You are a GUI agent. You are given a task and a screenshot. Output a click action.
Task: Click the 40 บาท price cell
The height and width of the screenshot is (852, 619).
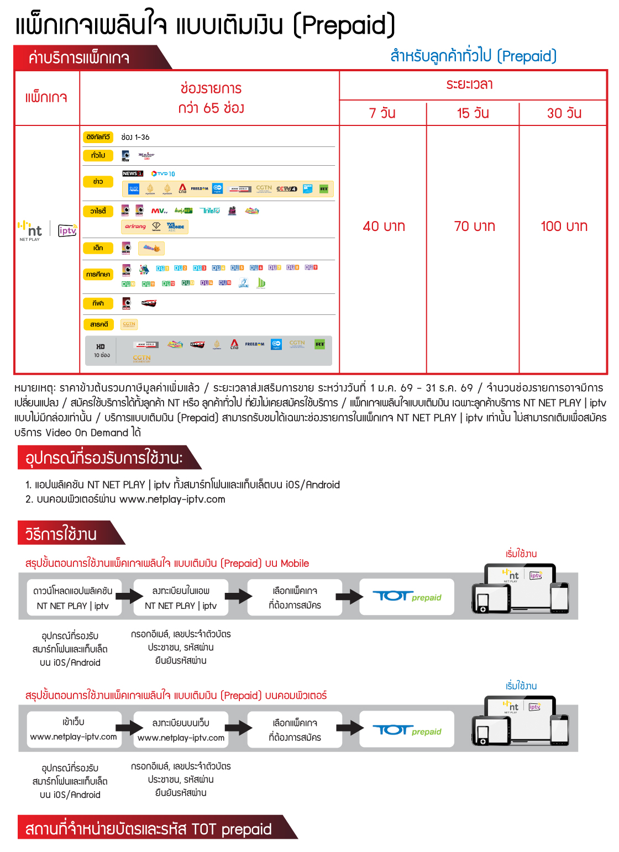pos(384,226)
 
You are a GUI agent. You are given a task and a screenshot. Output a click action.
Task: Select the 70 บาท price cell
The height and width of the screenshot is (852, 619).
pos(474,226)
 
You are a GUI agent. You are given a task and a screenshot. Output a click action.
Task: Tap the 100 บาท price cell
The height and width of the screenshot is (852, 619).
pos(564,226)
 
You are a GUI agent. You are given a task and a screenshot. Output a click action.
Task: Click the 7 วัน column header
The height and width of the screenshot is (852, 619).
pos(382,113)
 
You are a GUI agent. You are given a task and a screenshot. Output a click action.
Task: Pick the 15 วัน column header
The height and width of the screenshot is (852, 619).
pos(473,113)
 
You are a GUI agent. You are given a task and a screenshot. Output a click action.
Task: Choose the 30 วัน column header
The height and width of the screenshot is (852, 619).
pos(564,113)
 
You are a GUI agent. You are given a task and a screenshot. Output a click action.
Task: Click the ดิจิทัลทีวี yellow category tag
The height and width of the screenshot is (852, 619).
pos(98,137)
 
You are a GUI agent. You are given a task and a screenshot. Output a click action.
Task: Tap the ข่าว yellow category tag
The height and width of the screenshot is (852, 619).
pos(98,181)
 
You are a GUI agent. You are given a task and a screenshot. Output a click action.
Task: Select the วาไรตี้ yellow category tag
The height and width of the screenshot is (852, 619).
pos(98,211)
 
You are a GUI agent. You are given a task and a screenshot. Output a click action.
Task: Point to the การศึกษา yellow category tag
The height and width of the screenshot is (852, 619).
pos(98,274)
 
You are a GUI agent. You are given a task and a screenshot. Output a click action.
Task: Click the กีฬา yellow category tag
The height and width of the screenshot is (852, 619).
pos(98,303)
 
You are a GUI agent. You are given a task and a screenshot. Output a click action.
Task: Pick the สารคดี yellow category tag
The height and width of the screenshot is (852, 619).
pos(98,324)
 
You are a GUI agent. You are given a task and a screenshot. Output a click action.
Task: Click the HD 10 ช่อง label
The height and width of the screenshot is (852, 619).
pos(102,350)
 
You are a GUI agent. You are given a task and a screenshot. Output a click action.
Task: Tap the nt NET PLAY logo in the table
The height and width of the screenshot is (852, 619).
pos(31,230)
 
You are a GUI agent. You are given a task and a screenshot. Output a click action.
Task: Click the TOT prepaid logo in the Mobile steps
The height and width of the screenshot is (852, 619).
pos(407,597)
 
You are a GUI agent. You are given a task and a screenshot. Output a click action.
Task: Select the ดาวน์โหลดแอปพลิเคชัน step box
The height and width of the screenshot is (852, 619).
pos(73,598)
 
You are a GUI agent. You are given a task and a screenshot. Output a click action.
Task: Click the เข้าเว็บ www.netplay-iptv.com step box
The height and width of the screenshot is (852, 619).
pos(74,729)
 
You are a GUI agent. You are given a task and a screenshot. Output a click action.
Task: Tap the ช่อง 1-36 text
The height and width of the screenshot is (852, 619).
pos(135,137)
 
